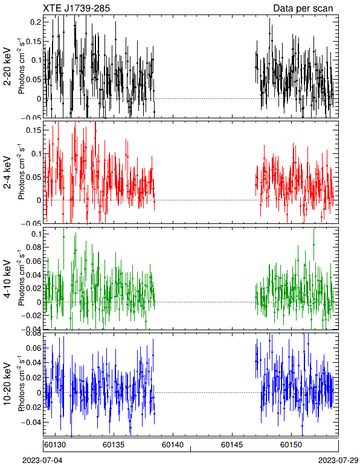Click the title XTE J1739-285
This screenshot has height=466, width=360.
[76, 8]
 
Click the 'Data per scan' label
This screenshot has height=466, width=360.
[303, 8]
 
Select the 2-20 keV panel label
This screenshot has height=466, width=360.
[8, 66]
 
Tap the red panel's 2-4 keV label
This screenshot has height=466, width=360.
[8, 173]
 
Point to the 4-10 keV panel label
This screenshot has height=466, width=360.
[8, 279]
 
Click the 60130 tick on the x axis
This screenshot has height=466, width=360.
[55, 445]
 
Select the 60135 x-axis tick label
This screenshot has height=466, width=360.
[114, 445]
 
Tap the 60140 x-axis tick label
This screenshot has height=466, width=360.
[172, 445]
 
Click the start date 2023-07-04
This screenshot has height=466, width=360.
[42, 461]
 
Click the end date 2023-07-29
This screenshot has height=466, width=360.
[338, 461]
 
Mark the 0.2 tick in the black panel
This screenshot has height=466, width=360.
[36, 22]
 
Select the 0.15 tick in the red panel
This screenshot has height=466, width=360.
[34, 130]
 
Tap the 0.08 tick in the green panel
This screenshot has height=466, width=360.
[34, 247]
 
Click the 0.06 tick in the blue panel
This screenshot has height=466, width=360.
[34, 348]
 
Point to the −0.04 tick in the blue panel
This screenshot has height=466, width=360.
[31, 423]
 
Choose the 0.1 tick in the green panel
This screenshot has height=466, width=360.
[36, 234]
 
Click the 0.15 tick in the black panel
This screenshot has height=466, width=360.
[34, 41]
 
